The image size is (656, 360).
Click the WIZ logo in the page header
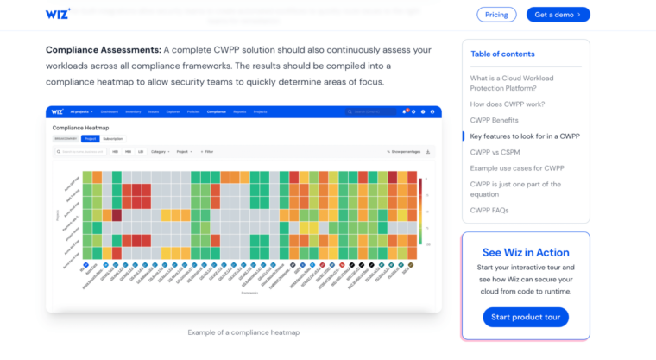(58, 14)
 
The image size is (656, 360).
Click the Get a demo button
(558, 15)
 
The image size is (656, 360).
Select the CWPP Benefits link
(495, 120)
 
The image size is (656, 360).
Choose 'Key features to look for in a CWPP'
(525, 136)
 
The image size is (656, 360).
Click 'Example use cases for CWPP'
(517, 167)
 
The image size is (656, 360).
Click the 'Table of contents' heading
(502, 54)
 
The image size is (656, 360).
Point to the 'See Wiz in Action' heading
(526, 252)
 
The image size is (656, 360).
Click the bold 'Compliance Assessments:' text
(103, 50)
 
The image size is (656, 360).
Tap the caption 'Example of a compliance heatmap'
(243, 332)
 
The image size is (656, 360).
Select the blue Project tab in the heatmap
(90, 138)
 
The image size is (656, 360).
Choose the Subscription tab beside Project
(113, 138)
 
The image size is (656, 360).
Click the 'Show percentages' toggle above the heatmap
(404, 151)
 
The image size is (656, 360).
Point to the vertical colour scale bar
(420, 212)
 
